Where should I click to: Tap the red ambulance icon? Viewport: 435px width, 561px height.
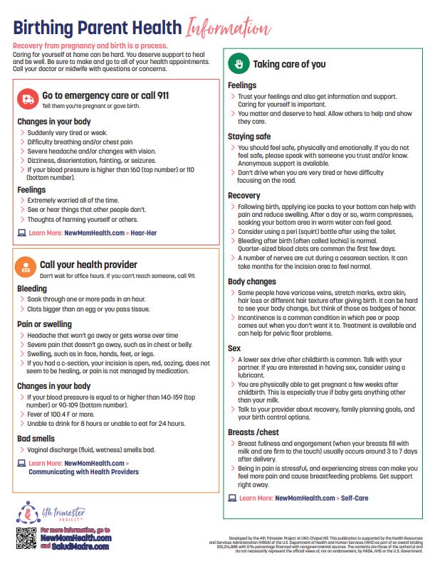pos(28,98)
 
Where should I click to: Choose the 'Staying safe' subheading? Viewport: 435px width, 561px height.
pos(250,136)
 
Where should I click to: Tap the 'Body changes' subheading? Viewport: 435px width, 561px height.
pos(252,282)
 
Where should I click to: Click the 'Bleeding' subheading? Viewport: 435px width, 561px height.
pos(32,289)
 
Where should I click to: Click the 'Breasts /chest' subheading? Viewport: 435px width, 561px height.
pos(253,432)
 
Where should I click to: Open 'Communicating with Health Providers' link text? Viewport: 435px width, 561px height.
pos(83,471)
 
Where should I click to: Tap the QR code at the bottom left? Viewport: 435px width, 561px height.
pos(25,538)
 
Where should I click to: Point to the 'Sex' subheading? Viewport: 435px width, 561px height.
pos(234,349)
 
